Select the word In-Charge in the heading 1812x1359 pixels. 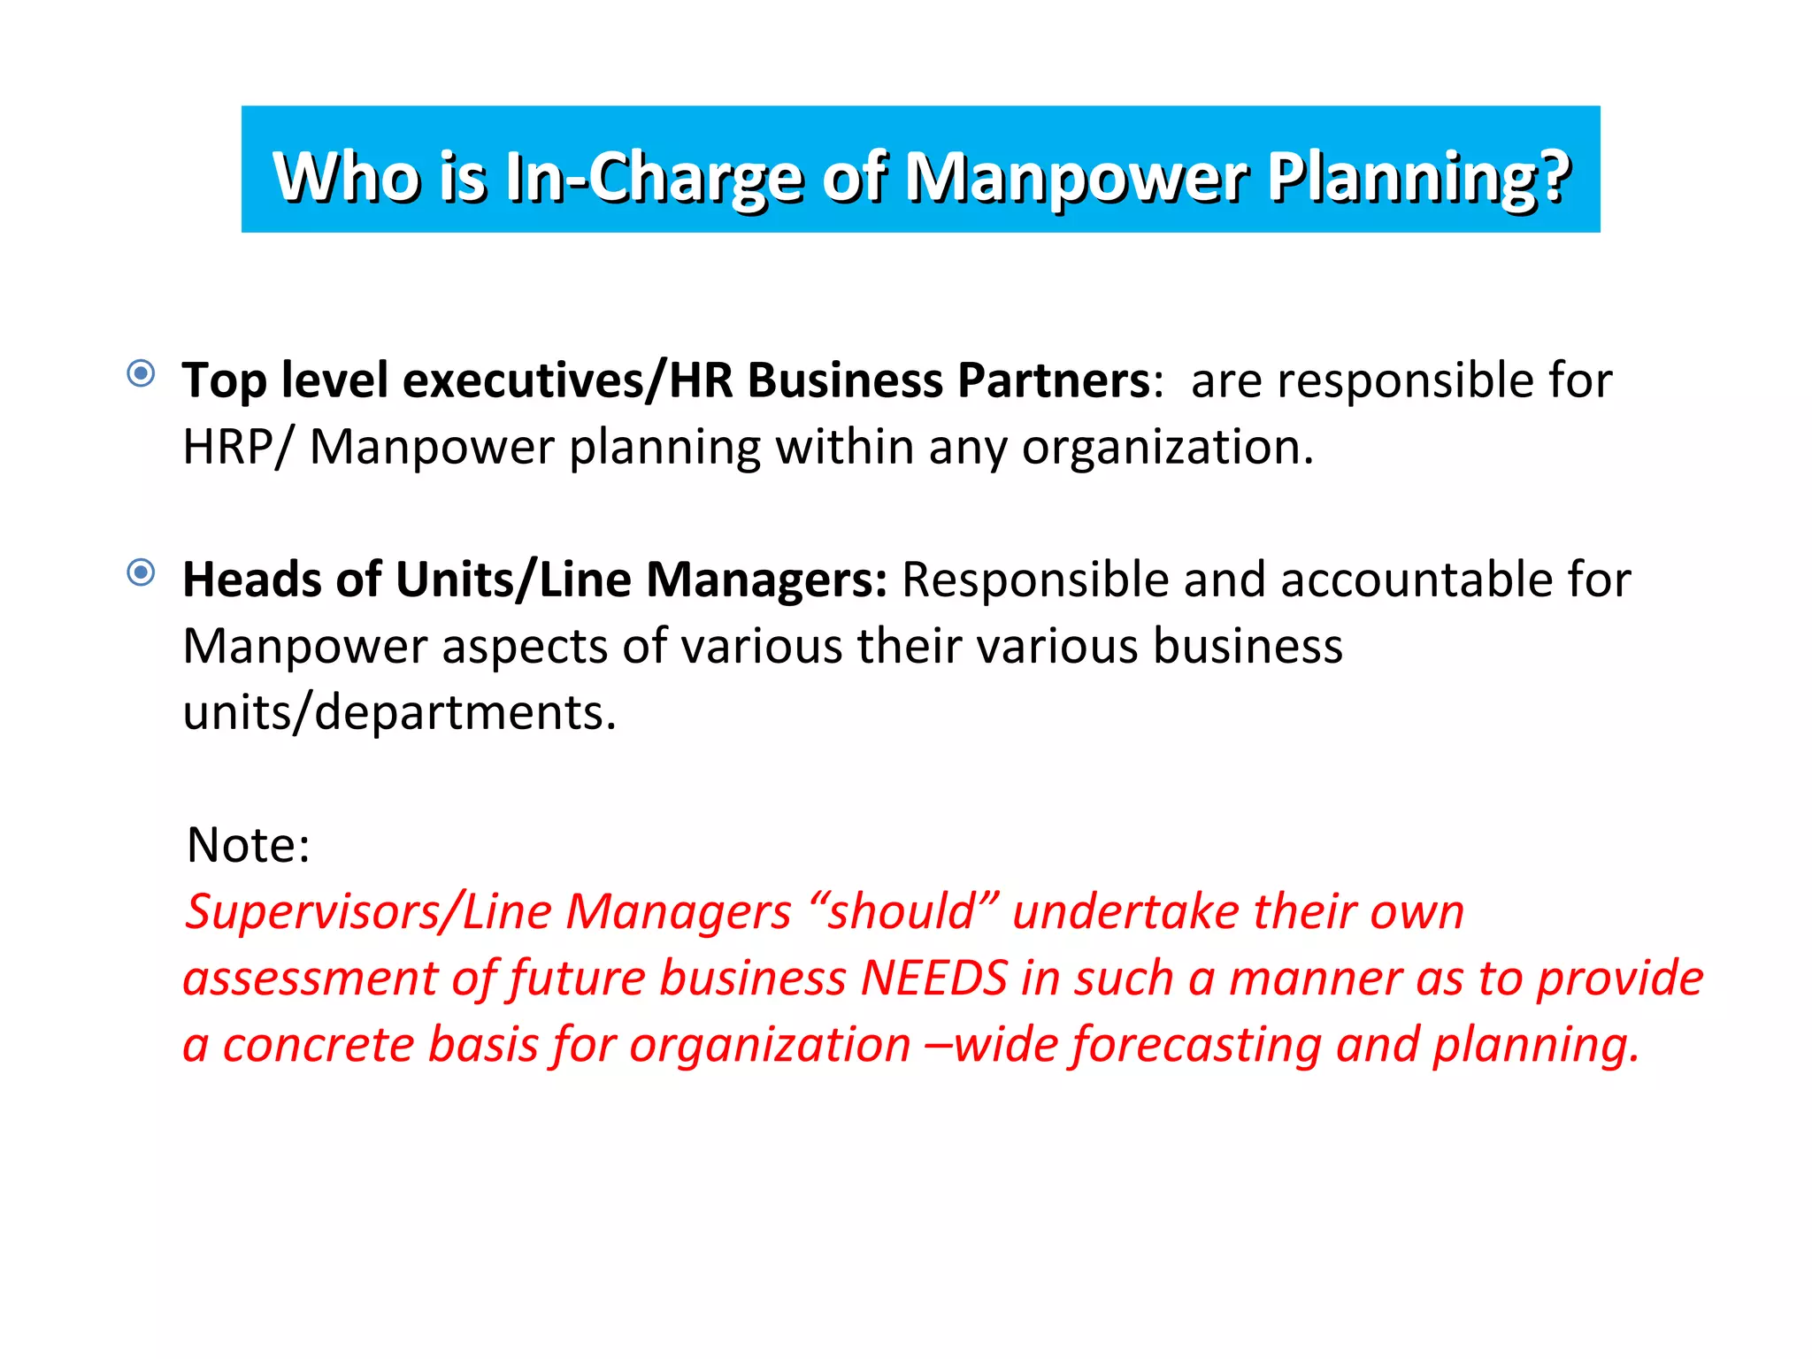point(654,178)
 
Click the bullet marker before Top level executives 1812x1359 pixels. point(141,373)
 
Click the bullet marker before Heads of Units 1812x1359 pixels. point(141,572)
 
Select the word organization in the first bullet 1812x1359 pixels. point(1166,447)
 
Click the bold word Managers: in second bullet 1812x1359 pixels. point(766,580)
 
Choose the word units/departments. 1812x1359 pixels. point(399,713)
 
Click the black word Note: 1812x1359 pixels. point(249,845)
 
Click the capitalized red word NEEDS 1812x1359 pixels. point(934,979)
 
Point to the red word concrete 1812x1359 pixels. point(318,1045)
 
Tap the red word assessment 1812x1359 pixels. point(310,979)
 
